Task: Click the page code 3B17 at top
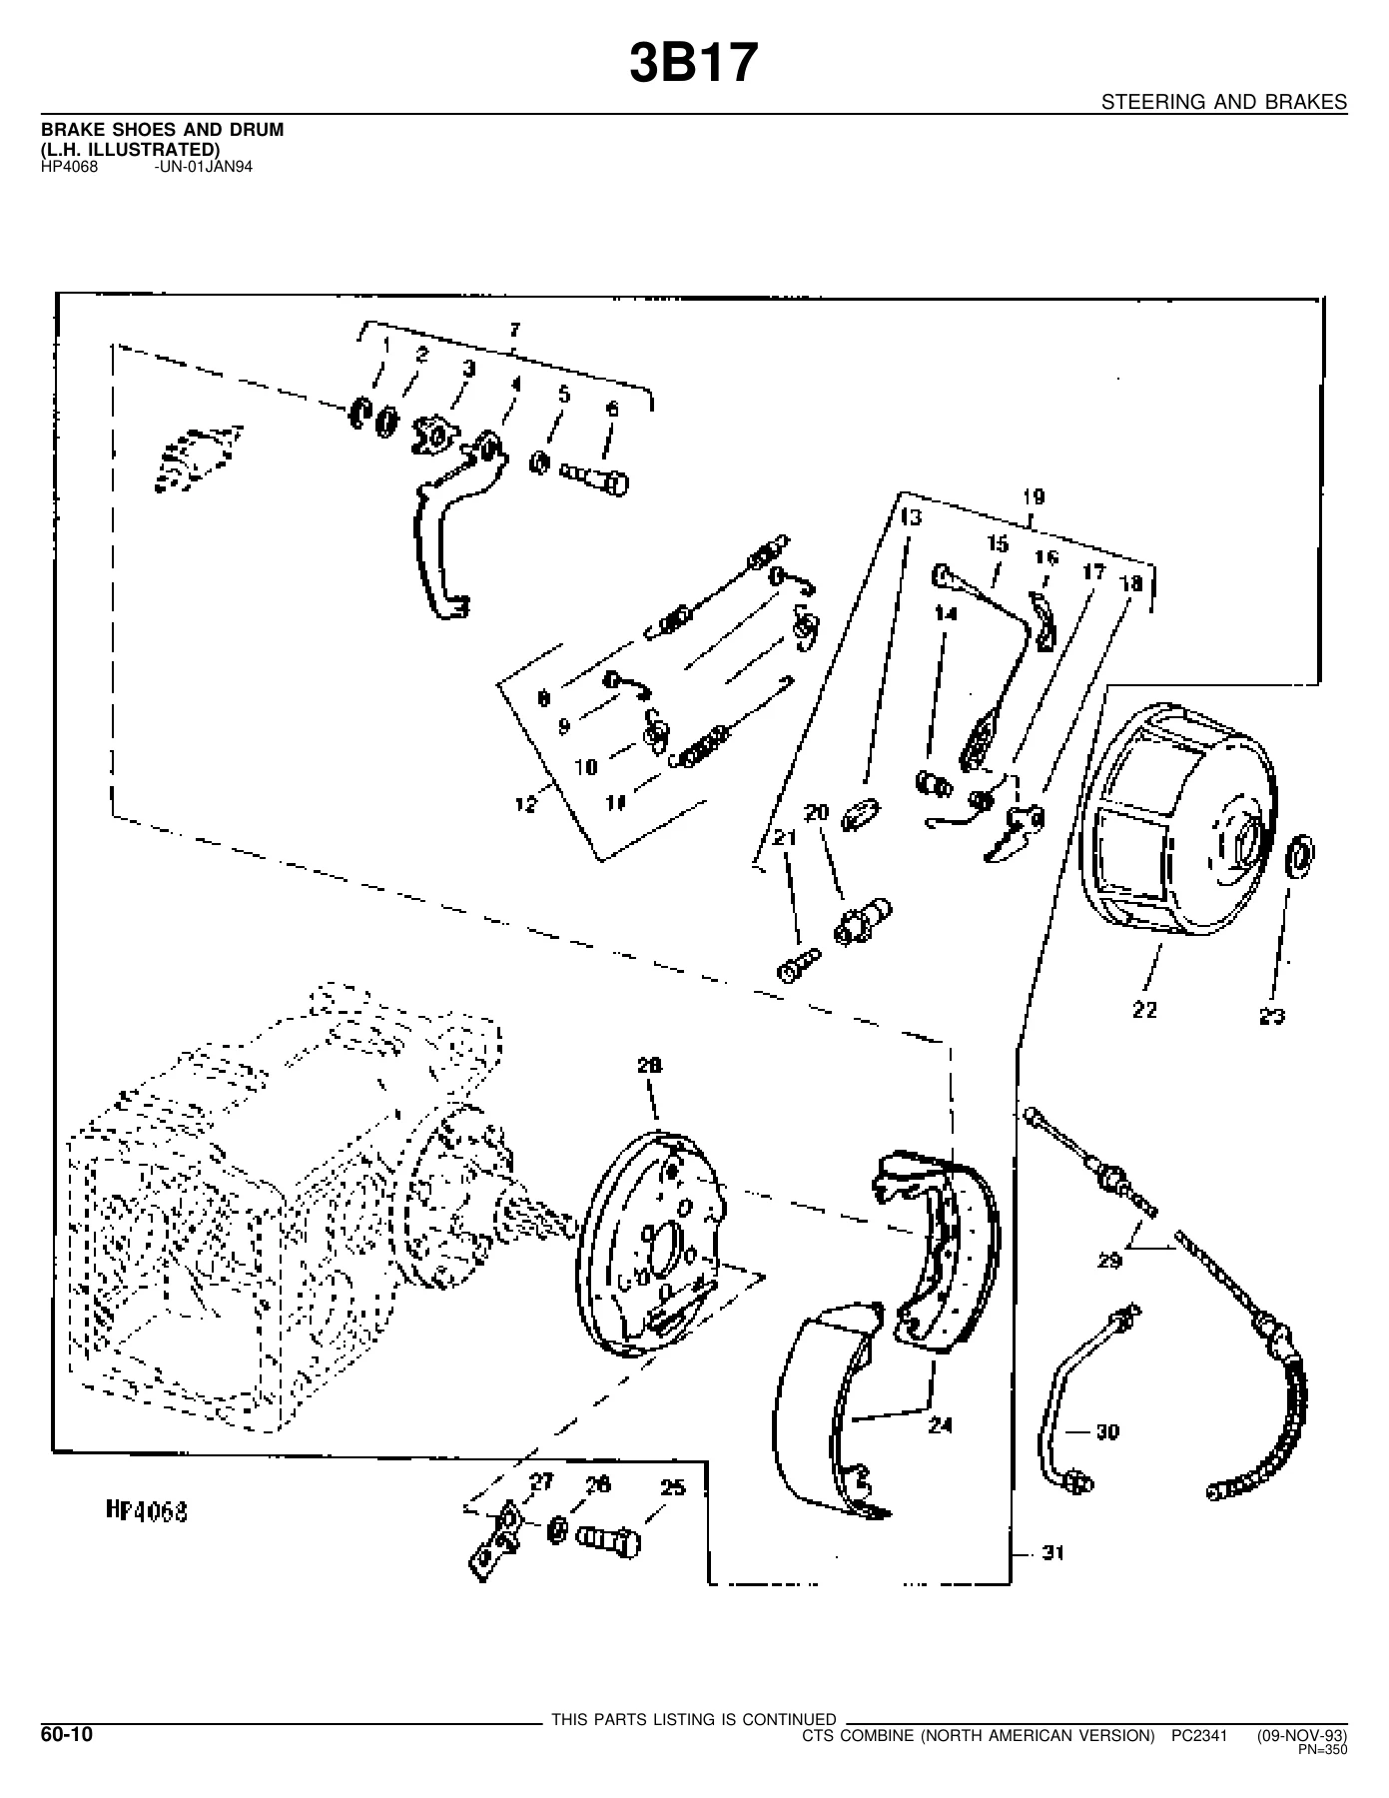click(694, 64)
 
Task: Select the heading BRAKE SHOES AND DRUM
click(162, 130)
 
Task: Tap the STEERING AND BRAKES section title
click(1224, 102)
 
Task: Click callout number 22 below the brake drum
click(1144, 1010)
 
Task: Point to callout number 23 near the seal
click(1271, 1017)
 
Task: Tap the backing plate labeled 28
click(654, 1242)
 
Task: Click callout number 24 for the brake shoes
click(940, 1425)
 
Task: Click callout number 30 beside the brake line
click(1107, 1431)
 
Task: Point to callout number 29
click(1109, 1261)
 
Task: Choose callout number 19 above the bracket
click(1033, 496)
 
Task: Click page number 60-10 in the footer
click(67, 1735)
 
